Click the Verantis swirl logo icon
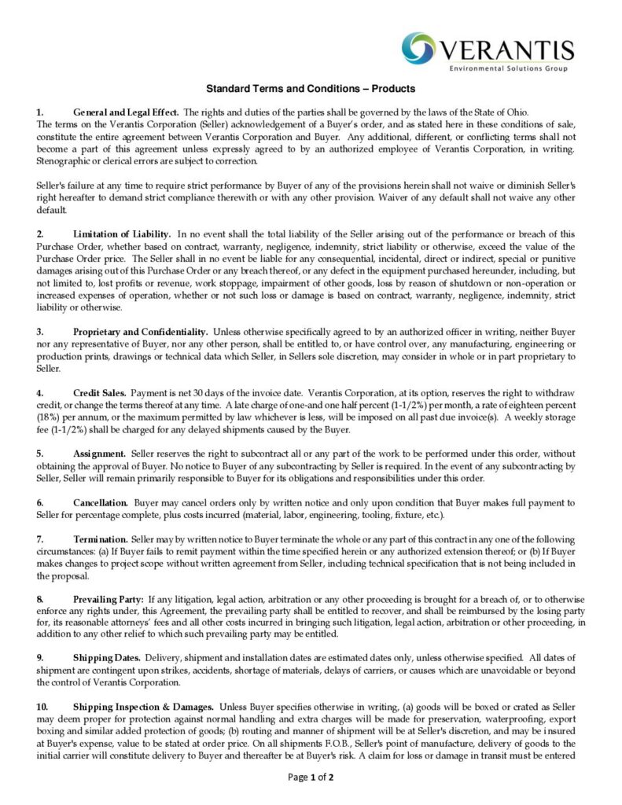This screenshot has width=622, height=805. tap(419, 48)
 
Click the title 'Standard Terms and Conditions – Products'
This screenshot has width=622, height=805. tap(311, 89)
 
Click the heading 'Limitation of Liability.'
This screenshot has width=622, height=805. tap(122, 234)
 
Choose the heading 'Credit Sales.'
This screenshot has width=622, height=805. tap(100, 392)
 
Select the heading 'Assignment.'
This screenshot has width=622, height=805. tap(100, 454)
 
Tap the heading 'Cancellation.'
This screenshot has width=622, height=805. tap(101, 502)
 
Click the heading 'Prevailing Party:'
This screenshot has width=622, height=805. tap(109, 600)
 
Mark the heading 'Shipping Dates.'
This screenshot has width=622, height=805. tap(107, 657)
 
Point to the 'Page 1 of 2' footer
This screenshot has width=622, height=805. tap(311, 777)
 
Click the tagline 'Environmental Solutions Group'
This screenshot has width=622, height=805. tap(510, 69)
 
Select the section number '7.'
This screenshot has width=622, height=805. tap(40, 539)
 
